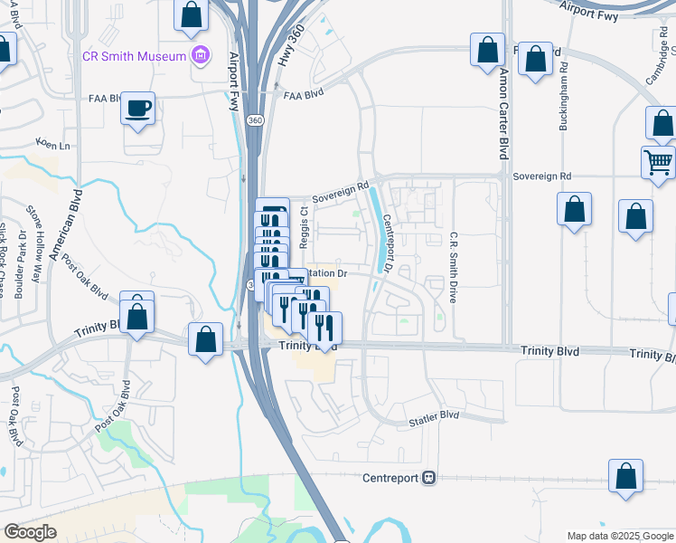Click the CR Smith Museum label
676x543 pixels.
point(134,56)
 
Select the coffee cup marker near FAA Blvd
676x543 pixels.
point(138,109)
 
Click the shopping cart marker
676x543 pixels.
point(659,164)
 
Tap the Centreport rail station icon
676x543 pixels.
point(429,477)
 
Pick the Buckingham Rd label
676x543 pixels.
point(563,97)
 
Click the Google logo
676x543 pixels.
point(30,532)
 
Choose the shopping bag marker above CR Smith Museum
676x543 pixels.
point(192,16)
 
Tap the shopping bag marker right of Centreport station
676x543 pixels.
point(625,476)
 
